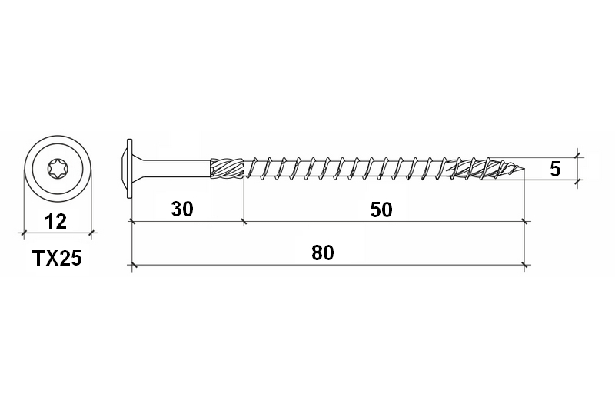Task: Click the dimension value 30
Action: (181, 209)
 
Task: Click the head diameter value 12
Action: (55, 222)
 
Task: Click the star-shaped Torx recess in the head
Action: (56, 167)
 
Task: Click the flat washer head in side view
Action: (130, 167)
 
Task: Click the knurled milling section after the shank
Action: (227, 168)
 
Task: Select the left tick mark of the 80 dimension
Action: (132, 265)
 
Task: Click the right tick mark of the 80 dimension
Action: (525, 265)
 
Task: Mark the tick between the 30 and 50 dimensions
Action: (244, 221)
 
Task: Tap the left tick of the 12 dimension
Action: (22, 232)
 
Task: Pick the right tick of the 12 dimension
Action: (91, 232)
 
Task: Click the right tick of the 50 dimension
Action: (525, 221)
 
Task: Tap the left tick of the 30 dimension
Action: (132, 221)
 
